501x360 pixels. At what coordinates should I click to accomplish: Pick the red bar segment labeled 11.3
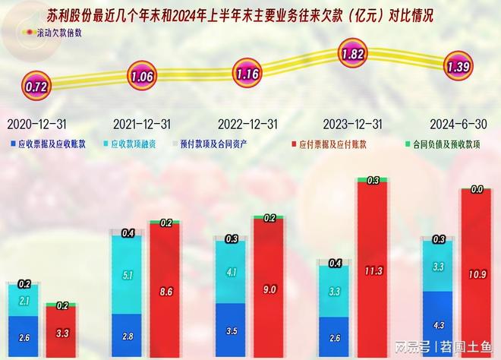373,270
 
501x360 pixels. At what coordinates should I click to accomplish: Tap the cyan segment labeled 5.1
128,275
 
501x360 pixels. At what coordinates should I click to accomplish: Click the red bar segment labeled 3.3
61,332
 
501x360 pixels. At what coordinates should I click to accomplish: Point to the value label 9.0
269,289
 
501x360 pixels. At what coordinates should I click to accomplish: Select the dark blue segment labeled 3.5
231,330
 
